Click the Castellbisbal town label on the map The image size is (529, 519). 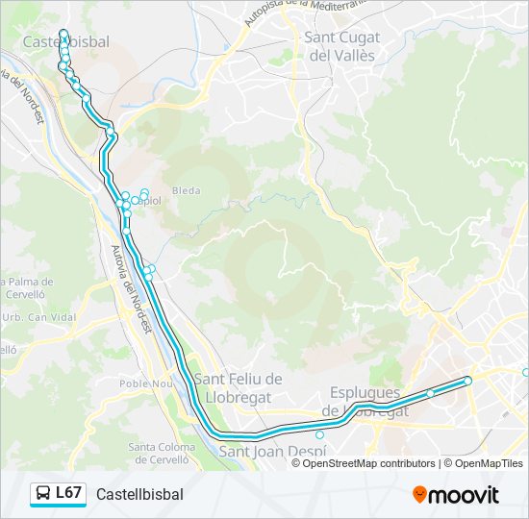coord(65,42)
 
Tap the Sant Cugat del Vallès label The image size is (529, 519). coord(341,46)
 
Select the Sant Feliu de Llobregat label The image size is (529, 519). coord(238,387)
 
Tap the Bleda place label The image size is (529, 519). coord(186,191)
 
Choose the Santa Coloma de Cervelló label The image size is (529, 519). coord(156,453)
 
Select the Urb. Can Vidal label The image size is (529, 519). coord(38,317)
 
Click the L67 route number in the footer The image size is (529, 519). coord(67,493)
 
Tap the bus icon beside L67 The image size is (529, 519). coord(43,494)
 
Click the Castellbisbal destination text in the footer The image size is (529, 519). coord(139,494)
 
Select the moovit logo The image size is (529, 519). coord(456,494)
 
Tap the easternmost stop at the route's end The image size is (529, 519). coord(468,381)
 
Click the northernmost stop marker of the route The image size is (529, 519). coord(63,34)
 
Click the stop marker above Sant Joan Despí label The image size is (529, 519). coord(320,433)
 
